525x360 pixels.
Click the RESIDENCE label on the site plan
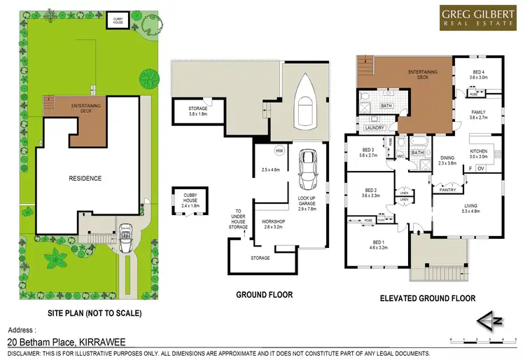[85, 179]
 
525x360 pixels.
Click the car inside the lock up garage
[307, 170]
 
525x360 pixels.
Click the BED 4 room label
[477, 73]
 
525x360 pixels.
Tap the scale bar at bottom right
[484, 340]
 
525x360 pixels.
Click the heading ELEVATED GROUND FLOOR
[428, 298]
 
